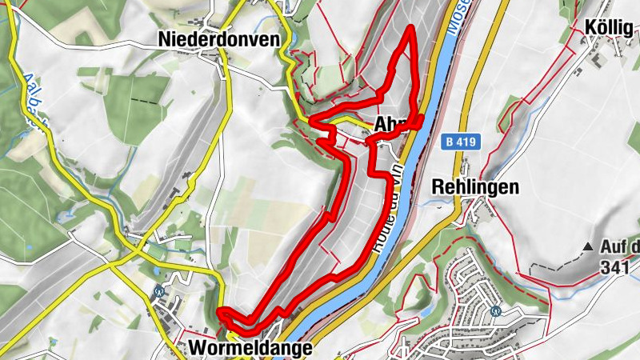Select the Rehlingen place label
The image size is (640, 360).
click(x=475, y=187)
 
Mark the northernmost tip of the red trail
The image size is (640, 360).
click(x=411, y=28)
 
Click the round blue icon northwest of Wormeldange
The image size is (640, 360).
click(x=159, y=292)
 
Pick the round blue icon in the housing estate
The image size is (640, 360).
click(x=495, y=311)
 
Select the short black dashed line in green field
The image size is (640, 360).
click(x=144, y=101)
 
